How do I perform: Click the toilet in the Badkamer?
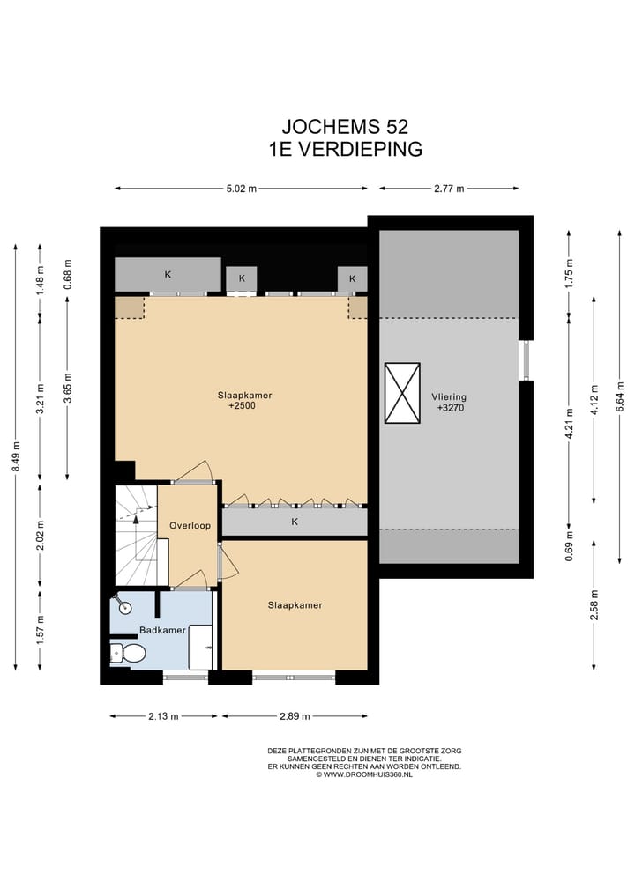click(x=130, y=654)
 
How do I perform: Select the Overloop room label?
click(x=190, y=525)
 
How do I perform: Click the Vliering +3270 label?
click(x=449, y=402)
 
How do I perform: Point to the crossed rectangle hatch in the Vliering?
click(x=402, y=393)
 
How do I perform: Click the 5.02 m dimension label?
click(x=240, y=189)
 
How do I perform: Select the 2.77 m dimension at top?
click(x=448, y=189)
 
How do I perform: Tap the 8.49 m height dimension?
click(x=16, y=457)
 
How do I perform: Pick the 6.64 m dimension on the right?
click(x=620, y=394)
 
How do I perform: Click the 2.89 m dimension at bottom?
click(x=279, y=716)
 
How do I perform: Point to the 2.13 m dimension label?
click(x=163, y=716)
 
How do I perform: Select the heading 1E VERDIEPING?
click(x=346, y=149)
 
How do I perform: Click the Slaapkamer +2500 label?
click(x=244, y=401)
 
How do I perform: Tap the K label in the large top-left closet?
click(x=168, y=275)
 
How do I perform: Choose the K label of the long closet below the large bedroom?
click(x=295, y=522)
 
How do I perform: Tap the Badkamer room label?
click(x=162, y=631)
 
